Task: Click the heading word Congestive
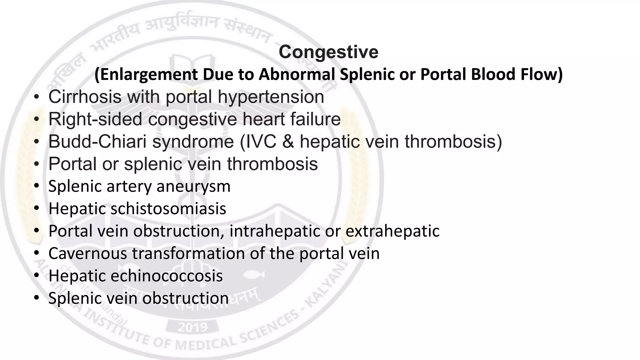click(x=328, y=52)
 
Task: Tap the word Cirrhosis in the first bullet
click(x=85, y=97)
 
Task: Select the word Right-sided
click(x=95, y=119)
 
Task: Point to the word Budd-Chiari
click(x=97, y=142)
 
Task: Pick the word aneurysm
click(x=193, y=187)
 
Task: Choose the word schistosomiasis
click(x=168, y=209)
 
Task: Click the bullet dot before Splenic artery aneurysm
click(x=37, y=187)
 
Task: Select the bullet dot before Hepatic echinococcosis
click(x=37, y=276)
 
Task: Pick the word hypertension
click(x=271, y=97)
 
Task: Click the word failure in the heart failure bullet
click(x=315, y=119)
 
